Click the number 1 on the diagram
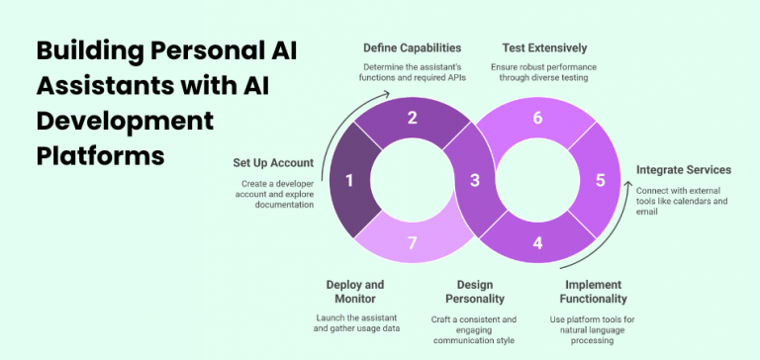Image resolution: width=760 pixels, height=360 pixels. [348, 181]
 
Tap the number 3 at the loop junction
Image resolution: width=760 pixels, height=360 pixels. [474, 180]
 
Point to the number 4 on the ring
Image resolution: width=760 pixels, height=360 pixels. [538, 242]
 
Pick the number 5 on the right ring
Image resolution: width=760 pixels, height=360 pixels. [599, 180]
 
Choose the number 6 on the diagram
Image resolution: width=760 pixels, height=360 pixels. [538, 118]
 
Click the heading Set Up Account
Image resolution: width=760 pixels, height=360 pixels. [273, 162]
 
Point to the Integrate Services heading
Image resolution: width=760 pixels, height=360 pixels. [684, 170]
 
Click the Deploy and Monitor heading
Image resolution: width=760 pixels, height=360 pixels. [354, 292]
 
